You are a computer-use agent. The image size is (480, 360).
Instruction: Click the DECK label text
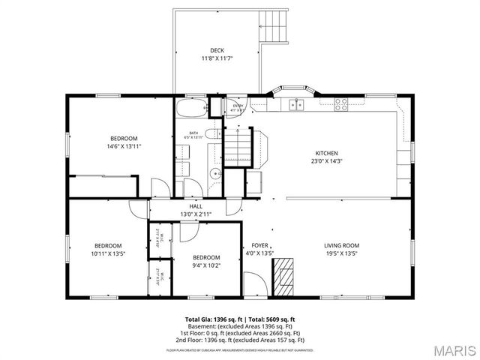pos(217,51)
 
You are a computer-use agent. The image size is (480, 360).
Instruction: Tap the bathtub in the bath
pos(191,109)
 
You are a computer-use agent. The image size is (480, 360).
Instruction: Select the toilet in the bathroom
pos(212,134)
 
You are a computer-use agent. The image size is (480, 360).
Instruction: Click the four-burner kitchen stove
pos(342,104)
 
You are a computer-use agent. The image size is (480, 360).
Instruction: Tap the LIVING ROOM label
pos(341,245)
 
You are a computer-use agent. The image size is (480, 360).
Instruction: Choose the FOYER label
pos(259,245)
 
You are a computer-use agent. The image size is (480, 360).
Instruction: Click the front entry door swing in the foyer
pos(253,283)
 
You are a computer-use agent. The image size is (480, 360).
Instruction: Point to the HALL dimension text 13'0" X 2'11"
pos(196,214)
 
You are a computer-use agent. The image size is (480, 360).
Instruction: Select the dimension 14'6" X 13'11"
pos(124,146)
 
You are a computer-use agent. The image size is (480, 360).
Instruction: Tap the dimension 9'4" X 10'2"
pos(206,265)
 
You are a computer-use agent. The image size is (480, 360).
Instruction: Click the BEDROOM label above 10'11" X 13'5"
pos(107,245)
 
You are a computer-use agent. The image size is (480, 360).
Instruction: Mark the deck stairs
pos(273,27)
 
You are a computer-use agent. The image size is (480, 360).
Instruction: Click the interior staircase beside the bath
pos(238,144)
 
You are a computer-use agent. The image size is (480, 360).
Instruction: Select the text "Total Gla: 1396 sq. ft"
pos(213,319)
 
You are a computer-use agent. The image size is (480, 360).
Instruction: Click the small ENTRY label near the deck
pos(238,106)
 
